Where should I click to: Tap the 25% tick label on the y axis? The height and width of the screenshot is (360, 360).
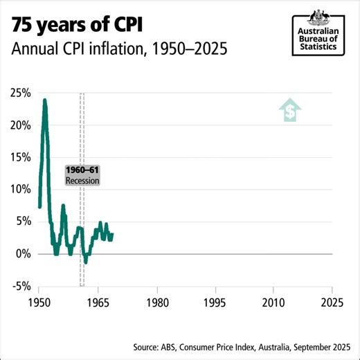[20, 93]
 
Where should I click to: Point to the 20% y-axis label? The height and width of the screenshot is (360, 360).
[20, 125]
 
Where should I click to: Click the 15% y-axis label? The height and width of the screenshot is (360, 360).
[20, 157]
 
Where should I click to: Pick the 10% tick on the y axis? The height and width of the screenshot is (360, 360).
[20, 189]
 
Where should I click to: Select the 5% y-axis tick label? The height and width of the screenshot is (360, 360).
[23, 222]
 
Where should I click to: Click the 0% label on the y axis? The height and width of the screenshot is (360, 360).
[23, 254]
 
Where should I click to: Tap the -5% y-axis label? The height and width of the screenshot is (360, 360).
[21, 286]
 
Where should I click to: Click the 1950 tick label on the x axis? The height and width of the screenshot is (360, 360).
[39, 302]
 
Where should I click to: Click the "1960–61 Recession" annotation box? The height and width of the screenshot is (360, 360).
[82, 175]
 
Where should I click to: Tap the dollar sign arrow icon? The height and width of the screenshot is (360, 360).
[290, 110]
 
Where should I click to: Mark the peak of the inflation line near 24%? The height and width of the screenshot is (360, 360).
[45, 100]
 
